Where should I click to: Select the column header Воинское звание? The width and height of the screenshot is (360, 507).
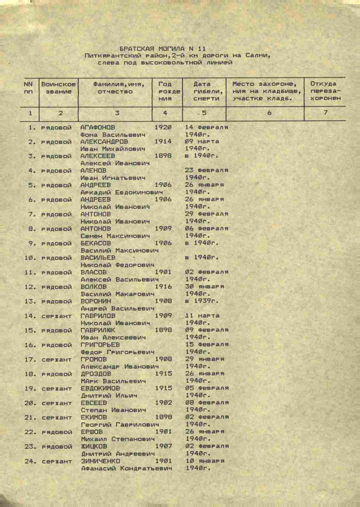click(x=58, y=88)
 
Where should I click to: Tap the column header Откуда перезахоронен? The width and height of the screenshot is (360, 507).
click(x=325, y=91)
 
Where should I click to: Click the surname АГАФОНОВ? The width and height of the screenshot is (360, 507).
click(x=98, y=127)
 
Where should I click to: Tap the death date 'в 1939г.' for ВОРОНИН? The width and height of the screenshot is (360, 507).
click(x=202, y=301)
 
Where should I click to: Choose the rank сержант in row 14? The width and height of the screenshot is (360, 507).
click(x=57, y=316)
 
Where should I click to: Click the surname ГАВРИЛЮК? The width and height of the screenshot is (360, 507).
click(x=98, y=330)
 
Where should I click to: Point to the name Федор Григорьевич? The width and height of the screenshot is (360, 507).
click(x=117, y=352)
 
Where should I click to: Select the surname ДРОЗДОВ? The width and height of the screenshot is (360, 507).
click(x=96, y=374)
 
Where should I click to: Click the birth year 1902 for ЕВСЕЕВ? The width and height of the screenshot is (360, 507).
click(x=163, y=403)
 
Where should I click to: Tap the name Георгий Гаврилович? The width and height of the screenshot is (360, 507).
click(x=120, y=425)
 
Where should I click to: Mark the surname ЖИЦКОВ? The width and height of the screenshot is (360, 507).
click(x=94, y=446)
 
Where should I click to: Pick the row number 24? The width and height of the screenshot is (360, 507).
click(x=30, y=461)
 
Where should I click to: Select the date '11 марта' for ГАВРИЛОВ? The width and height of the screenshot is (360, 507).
click(x=202, y=316)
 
